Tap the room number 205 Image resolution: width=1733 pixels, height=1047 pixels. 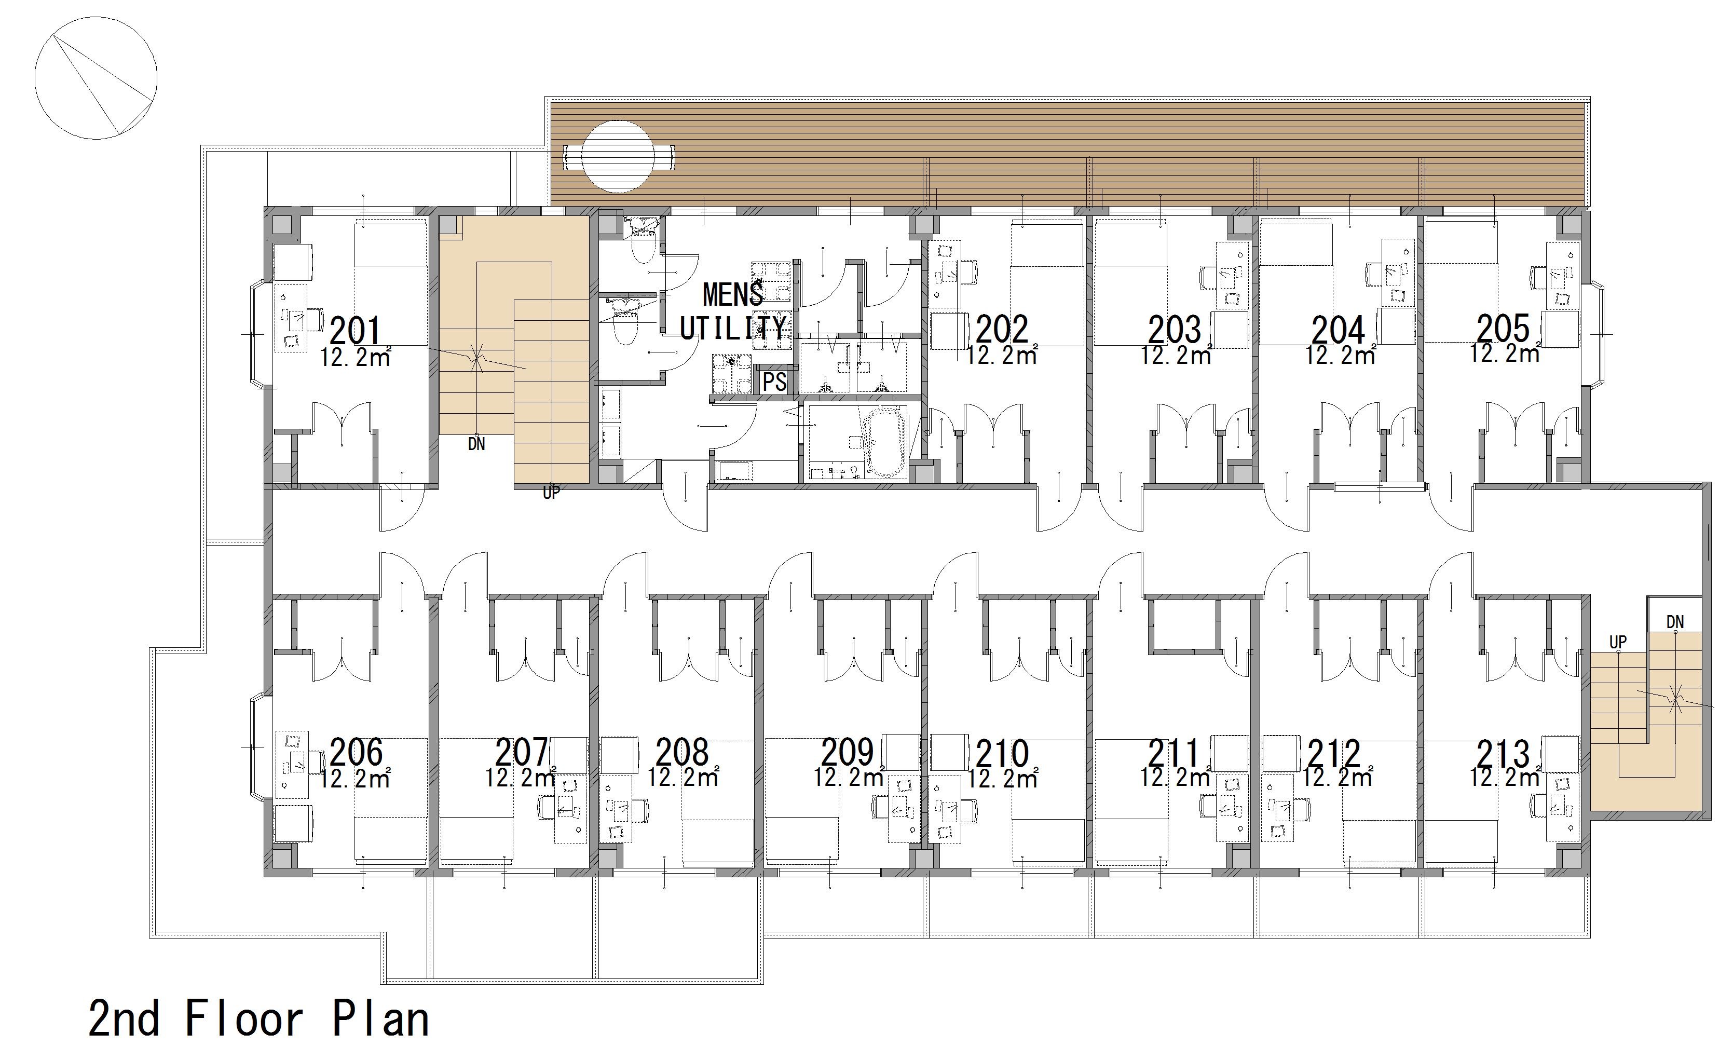coord(1503,328)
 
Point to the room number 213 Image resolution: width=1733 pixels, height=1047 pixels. coord(1503,755)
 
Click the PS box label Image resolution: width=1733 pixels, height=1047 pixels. coord(774,382)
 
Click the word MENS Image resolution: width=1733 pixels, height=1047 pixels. coord(733,294)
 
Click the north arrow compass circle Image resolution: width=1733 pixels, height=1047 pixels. coord(95,78)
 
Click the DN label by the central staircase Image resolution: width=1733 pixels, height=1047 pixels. coord(476,445)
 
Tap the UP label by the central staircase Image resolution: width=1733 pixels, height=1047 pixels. coord(551,493)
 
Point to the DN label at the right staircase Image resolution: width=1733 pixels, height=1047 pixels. coord(1675,622)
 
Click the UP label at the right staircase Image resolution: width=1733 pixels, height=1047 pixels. coord(1618,643)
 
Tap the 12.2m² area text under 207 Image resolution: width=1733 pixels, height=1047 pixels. coord(521,778)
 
